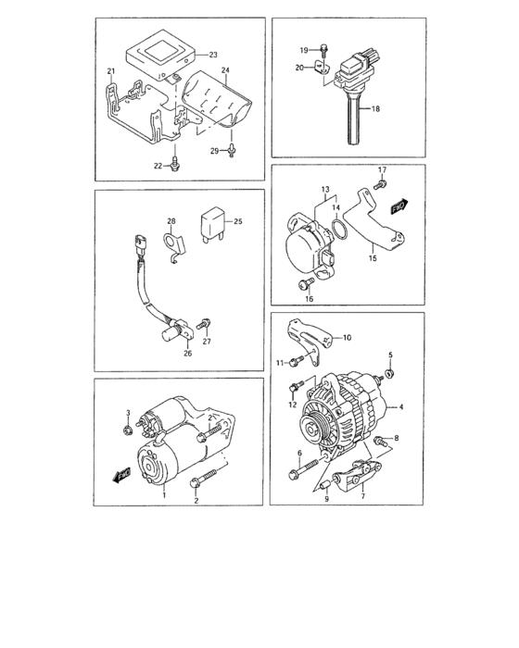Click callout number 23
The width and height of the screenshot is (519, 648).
click(212, 55)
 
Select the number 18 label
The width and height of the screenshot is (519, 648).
click(375, 109)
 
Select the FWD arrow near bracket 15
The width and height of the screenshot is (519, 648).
click(400, 206)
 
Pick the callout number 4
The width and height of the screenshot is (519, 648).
click(401, 406)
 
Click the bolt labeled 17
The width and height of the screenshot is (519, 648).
click(381, 187)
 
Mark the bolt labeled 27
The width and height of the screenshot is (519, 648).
click(206, 323)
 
